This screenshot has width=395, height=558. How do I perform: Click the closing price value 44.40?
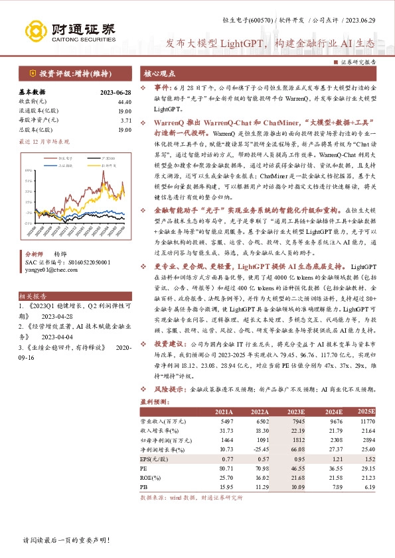pyautogui.click(x=124, y=101)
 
